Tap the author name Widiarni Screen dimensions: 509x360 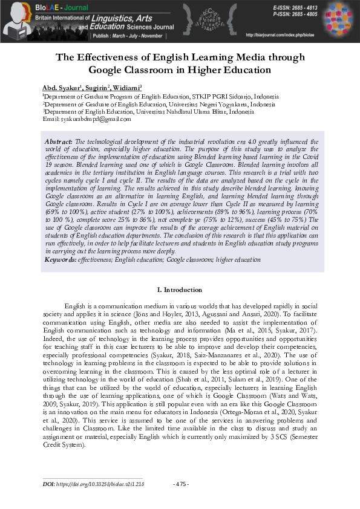coord(126,88)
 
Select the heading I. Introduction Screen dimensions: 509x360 coord(180,291)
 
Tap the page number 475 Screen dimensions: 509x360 coord(181,485)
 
